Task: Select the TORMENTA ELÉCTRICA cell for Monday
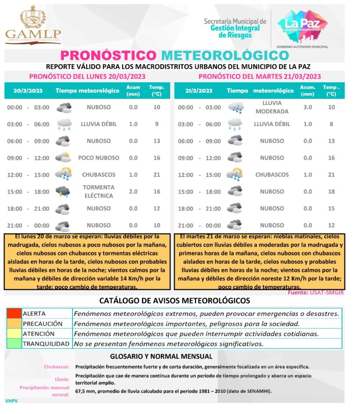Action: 98,191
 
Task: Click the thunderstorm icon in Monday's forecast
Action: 63,191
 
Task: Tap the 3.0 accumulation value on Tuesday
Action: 307,107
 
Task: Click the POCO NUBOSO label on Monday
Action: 98,158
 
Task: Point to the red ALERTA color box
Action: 14,313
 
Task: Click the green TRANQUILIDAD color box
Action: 14,344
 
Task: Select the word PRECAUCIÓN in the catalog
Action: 43,324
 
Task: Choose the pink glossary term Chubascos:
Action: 57,367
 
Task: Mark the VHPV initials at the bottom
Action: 12,401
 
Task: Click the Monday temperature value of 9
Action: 157,124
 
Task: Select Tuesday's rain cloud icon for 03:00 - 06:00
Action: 235,124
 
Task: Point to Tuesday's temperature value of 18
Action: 331,192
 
